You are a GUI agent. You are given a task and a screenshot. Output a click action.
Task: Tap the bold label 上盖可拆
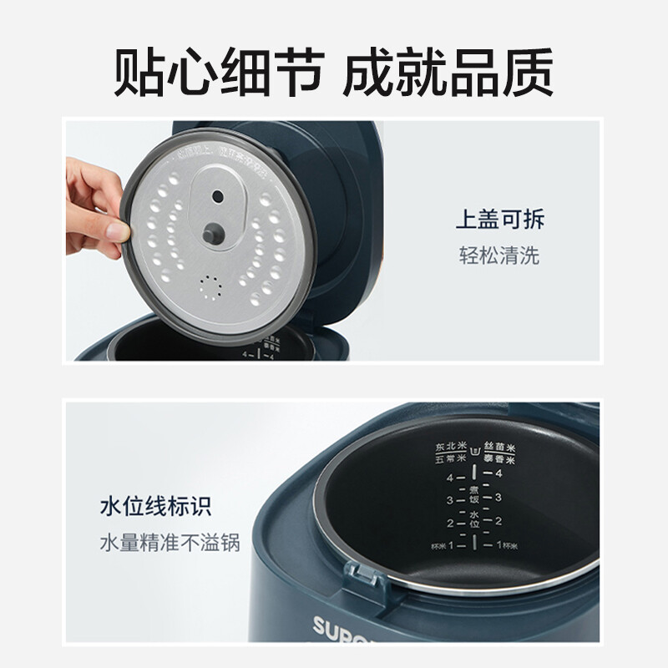[x=499, y=220]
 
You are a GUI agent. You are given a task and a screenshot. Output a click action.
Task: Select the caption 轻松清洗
[x=499, y=256]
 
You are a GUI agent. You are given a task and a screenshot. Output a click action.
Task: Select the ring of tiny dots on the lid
[x=211, y=288]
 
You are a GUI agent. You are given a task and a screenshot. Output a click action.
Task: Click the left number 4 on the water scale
[x=449, y=478]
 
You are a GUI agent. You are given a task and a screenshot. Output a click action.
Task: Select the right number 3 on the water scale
[x=498, y=498]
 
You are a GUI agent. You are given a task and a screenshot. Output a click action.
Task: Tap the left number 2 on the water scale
[x=449, y=524]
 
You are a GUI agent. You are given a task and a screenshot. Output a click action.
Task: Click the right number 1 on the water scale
[x=498, y=545]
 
